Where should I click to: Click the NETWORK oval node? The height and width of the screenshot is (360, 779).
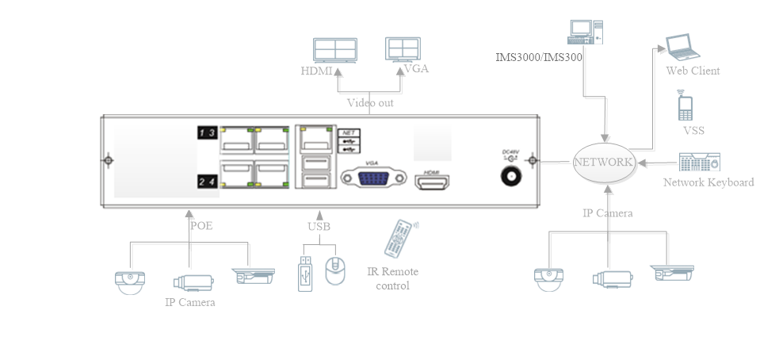(605, 162)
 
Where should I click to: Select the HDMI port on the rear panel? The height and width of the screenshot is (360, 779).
(433, 183)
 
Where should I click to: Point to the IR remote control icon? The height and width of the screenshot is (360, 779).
(400, 239)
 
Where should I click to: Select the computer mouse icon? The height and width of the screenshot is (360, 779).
(334, 272)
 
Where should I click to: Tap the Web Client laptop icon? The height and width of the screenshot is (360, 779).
(682, 48)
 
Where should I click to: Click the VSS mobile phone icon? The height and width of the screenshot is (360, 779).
(685, 105)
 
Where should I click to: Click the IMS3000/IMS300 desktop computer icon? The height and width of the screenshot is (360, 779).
(583, 32)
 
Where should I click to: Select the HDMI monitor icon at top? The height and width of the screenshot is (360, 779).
(334, 51)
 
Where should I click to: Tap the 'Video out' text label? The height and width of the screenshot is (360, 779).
(370, 103)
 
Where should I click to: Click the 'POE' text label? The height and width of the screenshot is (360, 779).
(201, 225)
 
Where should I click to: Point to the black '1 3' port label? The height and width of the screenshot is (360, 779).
(208, 132)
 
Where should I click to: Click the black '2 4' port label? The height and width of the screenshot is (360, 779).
(208, 183)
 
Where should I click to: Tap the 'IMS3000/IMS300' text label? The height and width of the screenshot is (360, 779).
(539, 57)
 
